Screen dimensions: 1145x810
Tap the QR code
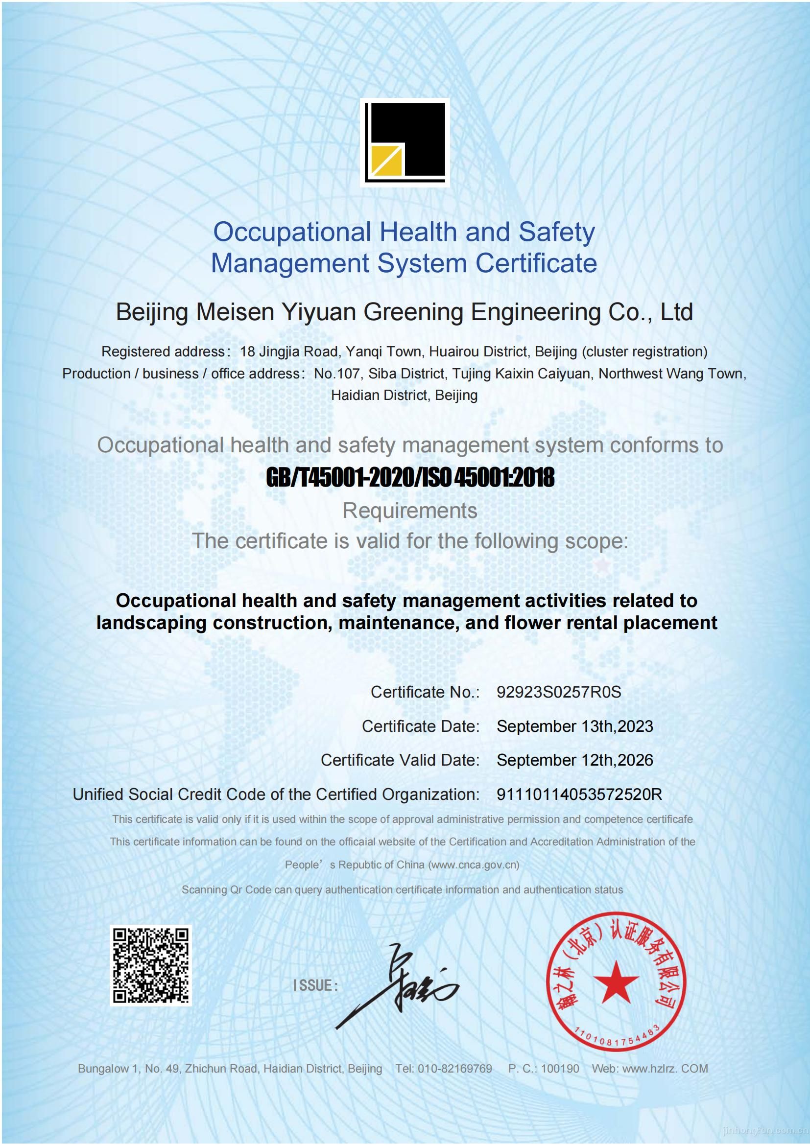[151, 965]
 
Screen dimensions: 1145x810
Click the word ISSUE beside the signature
[315, 985]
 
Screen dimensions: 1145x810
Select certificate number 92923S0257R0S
[559, 692]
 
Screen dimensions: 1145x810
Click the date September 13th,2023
[574, 726]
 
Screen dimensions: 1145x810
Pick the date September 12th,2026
[574, 760]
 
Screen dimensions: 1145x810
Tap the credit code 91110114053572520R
[579, 794]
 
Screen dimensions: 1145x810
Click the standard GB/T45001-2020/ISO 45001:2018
[410, 478]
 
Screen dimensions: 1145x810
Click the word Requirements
[410, 511]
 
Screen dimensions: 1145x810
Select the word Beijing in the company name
[152, 313]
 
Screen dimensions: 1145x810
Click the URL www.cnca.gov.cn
[474, 865]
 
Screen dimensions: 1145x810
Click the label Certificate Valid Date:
[400, 760]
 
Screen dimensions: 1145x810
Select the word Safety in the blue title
[557, 233]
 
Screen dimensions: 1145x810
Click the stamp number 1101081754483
[618, 1040]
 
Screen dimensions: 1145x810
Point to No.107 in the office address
[336, 374]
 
